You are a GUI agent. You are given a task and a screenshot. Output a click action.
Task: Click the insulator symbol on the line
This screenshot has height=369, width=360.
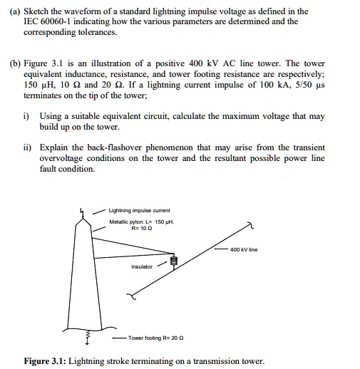point(173,261)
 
